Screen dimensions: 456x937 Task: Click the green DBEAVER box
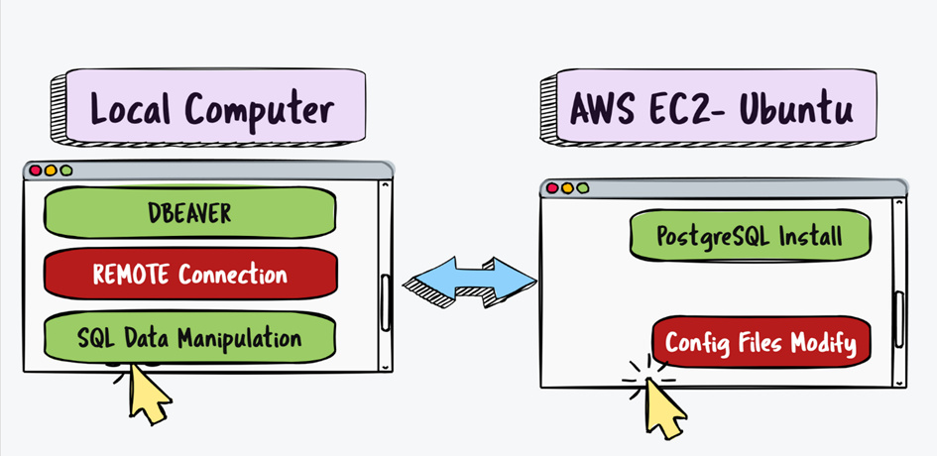click(190, 212)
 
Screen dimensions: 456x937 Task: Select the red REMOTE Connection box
click(190, 275)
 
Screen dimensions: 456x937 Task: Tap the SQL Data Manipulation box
click(190, 337)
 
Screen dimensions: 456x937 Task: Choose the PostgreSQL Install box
click(750, 237)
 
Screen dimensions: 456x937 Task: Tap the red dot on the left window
click(36, 171)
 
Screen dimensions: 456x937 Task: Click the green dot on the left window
click(66, 171)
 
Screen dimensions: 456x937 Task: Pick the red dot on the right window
click(552, 187)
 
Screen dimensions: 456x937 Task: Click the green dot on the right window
click(582, 187)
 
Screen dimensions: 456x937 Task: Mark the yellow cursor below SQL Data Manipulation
click(146, 391)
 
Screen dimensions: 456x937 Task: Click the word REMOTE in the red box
click(133, 275)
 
